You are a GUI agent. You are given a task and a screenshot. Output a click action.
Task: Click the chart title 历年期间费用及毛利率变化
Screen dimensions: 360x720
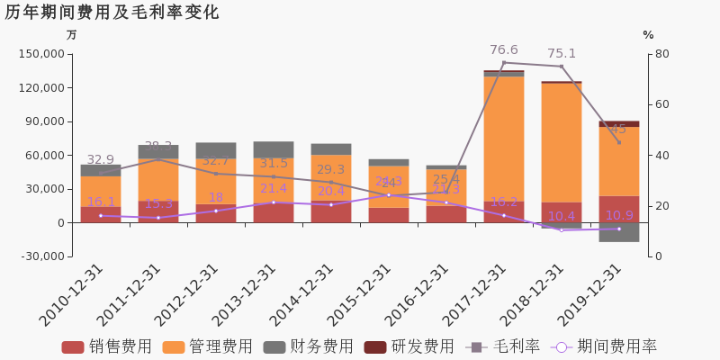coord(112,13)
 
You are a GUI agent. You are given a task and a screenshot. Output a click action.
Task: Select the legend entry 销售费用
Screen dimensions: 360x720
coord(106,346)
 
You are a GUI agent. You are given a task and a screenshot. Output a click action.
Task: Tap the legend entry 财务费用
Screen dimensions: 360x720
coord(308,346)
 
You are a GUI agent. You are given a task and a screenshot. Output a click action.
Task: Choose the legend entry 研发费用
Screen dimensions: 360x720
coord(409,346)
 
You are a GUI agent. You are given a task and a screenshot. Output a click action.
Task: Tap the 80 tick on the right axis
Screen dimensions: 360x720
coord(661,54)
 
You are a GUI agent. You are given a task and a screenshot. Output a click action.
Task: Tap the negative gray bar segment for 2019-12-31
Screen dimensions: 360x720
coord(619,232)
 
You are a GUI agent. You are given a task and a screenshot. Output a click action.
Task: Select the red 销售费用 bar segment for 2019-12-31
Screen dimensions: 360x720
coord(619,209)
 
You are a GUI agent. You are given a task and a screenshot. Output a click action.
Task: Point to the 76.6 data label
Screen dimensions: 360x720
coord(504,50)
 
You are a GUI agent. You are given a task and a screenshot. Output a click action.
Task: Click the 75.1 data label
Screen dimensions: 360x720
coord(562,54)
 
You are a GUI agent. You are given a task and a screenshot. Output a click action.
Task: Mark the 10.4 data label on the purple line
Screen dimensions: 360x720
coord(562,217)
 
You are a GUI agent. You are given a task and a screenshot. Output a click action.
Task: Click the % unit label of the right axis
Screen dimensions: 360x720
coord(648,35)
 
